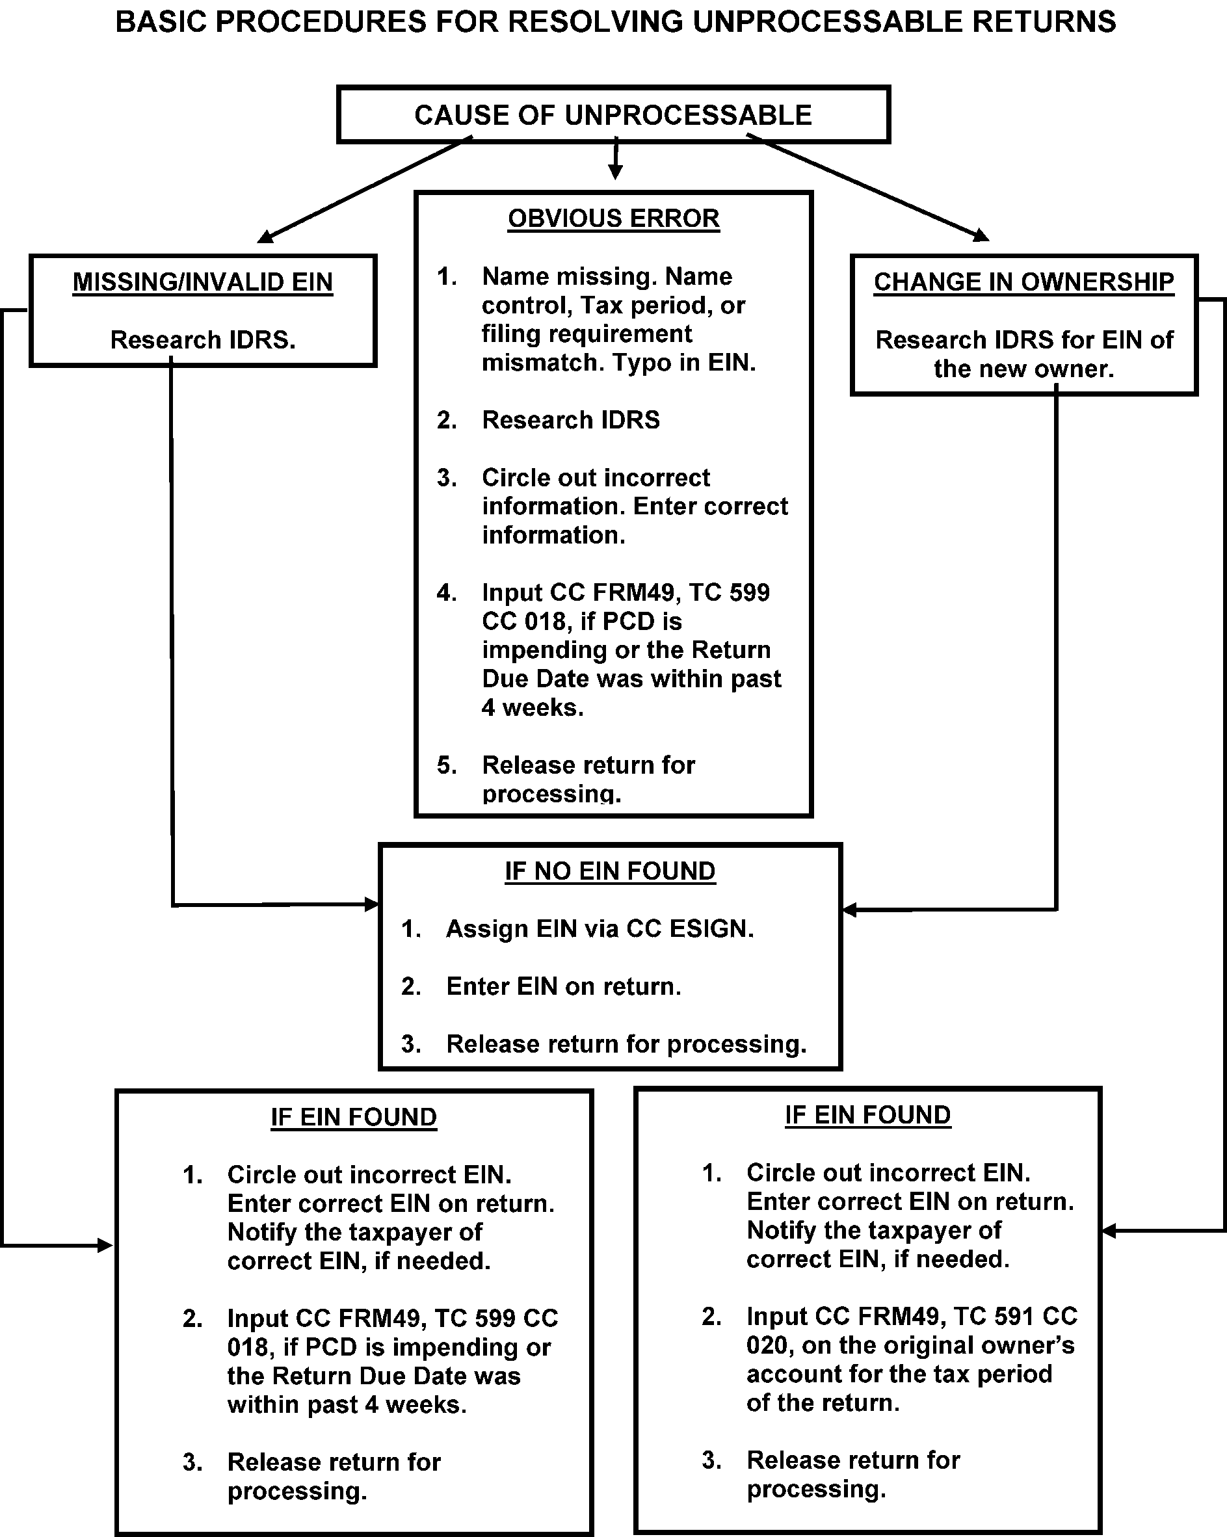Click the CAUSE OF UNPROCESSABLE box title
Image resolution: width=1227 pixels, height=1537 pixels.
613,115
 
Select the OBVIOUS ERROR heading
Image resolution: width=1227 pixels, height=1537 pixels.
613,218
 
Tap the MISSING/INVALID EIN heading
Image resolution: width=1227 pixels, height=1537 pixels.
202,282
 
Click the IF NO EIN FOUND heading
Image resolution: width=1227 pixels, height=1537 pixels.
609,871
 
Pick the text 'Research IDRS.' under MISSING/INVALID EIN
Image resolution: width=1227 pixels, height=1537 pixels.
202,340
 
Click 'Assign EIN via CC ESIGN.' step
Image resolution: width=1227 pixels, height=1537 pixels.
599,929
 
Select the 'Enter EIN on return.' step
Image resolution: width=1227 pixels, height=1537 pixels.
563,987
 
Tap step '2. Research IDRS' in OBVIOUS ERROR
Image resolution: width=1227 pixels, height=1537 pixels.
570,420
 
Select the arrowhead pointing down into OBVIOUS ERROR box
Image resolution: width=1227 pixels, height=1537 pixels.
615,172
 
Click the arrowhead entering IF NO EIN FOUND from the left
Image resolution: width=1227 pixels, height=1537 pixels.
372,904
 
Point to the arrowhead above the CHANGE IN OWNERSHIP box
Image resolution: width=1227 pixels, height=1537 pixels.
982,235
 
